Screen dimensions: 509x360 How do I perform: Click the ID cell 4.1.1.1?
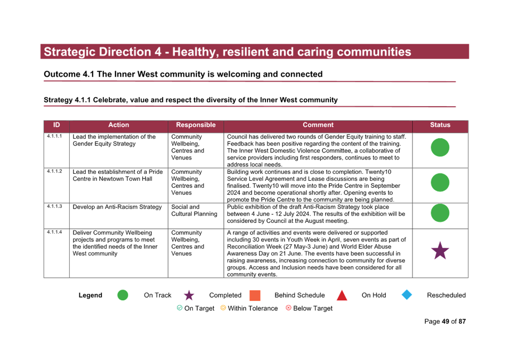coord(54,136)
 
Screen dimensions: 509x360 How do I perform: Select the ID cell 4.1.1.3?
coord(54,206)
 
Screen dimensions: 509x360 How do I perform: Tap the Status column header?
coord(440,125)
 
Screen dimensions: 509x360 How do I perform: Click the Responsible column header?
coord(196,125)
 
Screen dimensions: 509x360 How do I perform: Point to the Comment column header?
coord(318,125)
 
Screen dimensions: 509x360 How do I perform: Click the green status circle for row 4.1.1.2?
coord(440,182)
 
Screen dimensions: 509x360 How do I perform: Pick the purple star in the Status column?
coord(440,251)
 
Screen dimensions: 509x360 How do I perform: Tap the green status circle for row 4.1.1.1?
coord(440,147)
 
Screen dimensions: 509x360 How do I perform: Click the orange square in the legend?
coord(255,295)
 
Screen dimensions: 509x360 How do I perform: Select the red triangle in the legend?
coord(342,295)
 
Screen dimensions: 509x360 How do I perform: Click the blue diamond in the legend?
coord(407,295)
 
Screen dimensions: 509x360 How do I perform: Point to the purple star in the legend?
coord(189,295)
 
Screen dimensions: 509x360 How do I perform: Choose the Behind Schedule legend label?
coord(300,295)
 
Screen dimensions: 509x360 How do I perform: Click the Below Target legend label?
coord(313,308)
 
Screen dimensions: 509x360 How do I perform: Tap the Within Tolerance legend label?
coord(253,308)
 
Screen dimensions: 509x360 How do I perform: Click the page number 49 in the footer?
coord(446,322)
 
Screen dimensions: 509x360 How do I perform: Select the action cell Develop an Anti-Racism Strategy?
coord(117,207)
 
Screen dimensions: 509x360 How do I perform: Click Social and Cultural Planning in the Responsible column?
coord(194,211)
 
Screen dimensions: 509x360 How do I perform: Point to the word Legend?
coord(90,295)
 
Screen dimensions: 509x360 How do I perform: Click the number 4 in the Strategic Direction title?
coord(158,52)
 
